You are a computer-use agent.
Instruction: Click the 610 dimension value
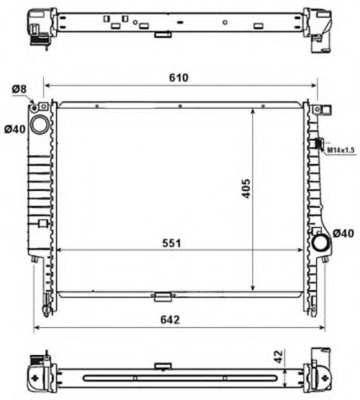(179, 77)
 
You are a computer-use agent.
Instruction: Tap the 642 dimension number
(170, 320)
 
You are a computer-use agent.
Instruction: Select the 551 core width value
(172, 243)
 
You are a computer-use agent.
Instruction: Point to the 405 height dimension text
(246, 188)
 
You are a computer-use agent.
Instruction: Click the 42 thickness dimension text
(279, 357)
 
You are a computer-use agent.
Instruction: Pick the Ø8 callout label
(19, 89)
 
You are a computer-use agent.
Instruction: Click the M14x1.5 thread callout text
(341, 150)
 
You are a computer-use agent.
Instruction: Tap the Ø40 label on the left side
(15, 130)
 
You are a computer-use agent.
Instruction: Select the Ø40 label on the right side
(344, 233)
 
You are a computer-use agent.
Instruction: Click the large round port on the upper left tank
(40, 124)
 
